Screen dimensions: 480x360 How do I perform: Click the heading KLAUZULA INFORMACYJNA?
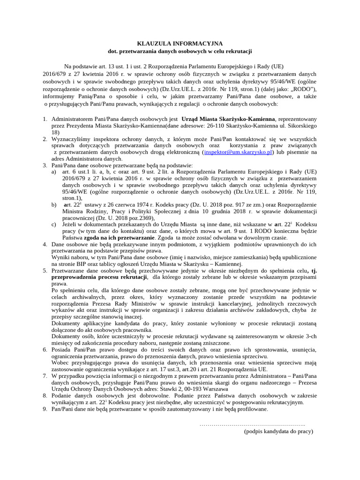point(180,43)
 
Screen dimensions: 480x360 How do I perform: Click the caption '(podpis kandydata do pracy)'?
point(278,431)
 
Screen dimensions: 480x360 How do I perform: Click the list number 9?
point(45,409)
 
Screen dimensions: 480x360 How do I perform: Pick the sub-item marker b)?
point(54,205)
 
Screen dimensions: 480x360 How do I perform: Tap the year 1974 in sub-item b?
point(145,205)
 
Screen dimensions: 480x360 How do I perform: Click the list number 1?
point(45,120)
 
